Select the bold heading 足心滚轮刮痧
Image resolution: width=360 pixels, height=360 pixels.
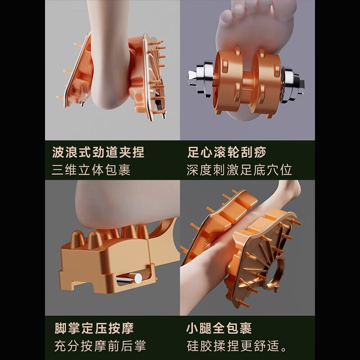coord(226,152)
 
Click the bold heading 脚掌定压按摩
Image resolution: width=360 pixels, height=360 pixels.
coord(93,328)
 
